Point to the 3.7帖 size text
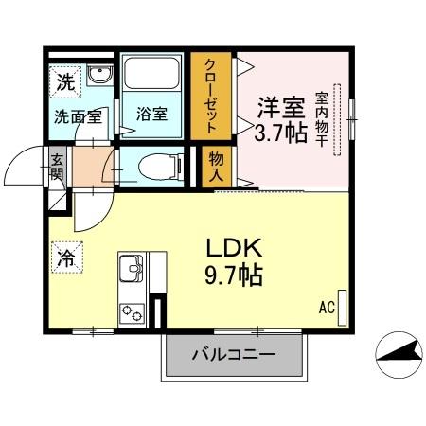coord(280,131)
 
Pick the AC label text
coord(327,308)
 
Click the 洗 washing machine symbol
coord(65,81)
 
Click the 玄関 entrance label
coord(57,168)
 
